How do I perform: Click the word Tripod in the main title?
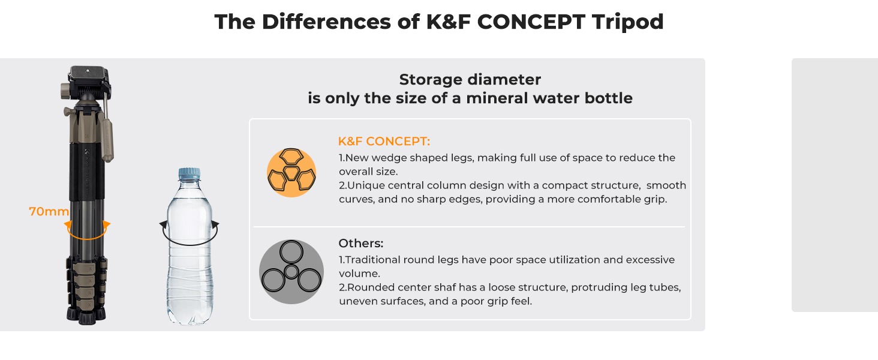click(627, 22)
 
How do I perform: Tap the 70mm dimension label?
click(49, 211)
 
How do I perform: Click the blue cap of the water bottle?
click(190, 174)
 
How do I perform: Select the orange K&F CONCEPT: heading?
click(384, 141)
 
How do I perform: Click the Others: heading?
click(360, 243)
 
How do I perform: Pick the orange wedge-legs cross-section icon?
click(291, 173)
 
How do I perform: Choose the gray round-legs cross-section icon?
click(291, 272)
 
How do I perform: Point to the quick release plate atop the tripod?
click(89, 74)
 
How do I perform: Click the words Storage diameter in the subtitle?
click(470, 80)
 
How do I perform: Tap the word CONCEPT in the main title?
click(531, 22)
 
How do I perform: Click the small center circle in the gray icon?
click(291, 271)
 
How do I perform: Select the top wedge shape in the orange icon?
click(291, 157)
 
